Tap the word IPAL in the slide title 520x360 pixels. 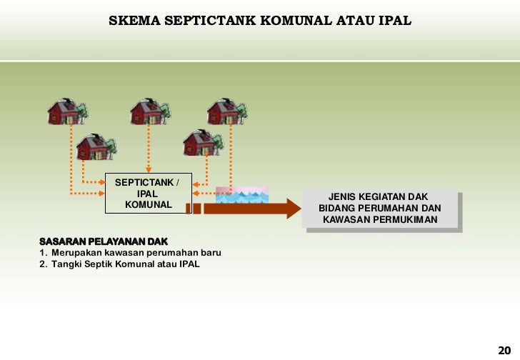(395, 20)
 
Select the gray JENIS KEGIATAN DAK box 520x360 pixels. (380, 208)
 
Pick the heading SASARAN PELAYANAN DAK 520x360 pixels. (104, 241)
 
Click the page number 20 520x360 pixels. (504, 349)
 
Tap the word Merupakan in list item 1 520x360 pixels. (78, 253)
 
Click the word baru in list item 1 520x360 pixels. (211, 253)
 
